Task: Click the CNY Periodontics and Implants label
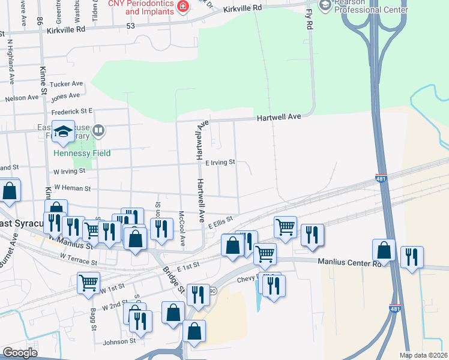coord(141,7)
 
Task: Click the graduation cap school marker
coord(63,133)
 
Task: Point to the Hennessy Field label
coord(82,153)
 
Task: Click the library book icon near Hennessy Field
coord(100,130)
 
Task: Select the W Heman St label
coord(71,188)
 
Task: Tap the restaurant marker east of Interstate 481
coord(412,256)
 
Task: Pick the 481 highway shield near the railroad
coord(381,178)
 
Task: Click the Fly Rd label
coord(309,20)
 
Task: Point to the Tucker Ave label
coord(67,84)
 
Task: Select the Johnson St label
coord(119,341)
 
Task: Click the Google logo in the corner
coord(20,353)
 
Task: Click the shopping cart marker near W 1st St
coord(88,283)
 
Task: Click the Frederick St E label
coord(71,111)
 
